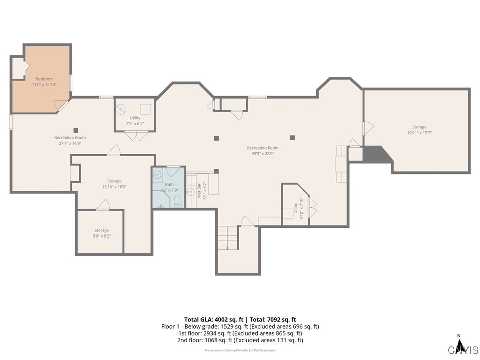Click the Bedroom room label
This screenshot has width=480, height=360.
point(44,79)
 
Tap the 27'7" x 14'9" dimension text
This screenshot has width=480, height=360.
point(70,143)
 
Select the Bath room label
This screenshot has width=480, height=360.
point(169,184)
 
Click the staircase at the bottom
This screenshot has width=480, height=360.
point(228,237)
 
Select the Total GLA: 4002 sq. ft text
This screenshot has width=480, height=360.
point(212,319)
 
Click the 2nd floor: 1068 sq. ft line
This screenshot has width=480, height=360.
point(240,340)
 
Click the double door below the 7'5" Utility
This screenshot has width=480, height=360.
point(136,136)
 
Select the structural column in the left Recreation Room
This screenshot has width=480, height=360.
point(75,130)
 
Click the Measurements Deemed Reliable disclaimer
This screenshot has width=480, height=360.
point(240,350)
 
